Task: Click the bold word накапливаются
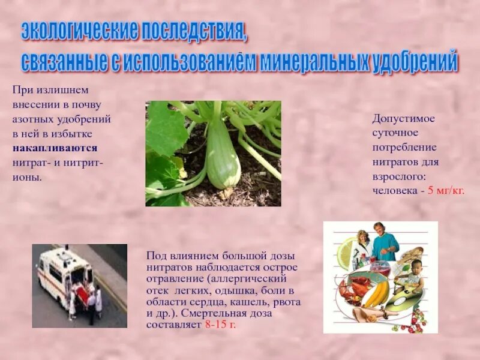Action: click(55, 148)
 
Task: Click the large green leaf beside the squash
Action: click(165, 129)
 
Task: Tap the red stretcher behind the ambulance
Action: click(82, 294)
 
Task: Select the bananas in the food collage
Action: click(376, 293)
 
